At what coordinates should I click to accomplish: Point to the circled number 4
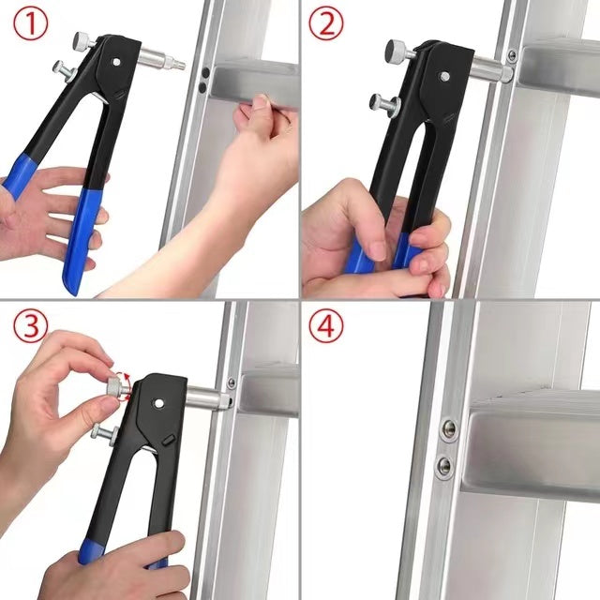pyautogui.click(x=324, y=325)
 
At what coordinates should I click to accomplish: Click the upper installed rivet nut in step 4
pyautogui.click(x=449, y=427)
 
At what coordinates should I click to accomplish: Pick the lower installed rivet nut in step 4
pyautogui.click(x=443, y=465)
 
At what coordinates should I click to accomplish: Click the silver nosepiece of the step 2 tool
pyautogui.click(x=487, y=66)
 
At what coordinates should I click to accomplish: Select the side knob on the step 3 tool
pyautogui.click(x=98, y=432)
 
